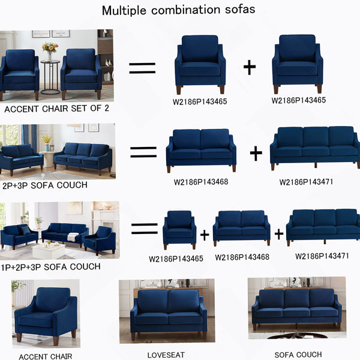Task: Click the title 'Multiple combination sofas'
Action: (178, 10)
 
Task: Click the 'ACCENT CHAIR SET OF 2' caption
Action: (56, 109)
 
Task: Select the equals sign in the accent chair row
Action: (142, 68)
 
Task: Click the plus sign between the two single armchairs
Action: (250, 67)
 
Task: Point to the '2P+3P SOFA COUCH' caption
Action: (45, 185)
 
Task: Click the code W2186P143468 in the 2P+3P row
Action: (201, 182)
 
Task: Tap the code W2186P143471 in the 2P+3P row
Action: (306, 182)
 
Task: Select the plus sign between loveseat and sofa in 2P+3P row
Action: (256, 153)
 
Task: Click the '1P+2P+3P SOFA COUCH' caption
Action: (50, 267)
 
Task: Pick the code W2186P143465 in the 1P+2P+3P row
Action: (176, 259)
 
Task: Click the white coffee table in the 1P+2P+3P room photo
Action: (49, 250)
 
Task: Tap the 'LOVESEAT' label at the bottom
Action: (166, 355)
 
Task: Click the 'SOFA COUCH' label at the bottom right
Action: (298, 355)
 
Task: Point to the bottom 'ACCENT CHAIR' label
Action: (46, 356)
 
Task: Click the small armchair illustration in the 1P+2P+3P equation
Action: (179, 230)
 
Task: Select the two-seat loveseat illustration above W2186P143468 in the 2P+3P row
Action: (201, 151)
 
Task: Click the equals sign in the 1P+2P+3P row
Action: (145, 229)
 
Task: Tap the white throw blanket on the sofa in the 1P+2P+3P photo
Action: (73, 237)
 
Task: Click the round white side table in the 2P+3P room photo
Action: (49, 159)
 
